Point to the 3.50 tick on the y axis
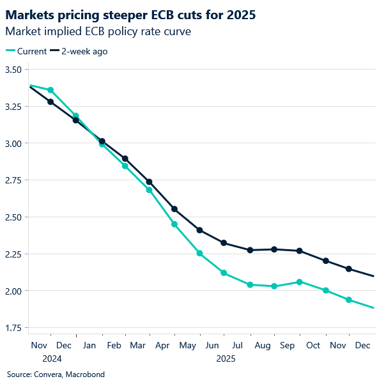13,70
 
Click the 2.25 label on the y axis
13,254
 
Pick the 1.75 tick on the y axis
13,328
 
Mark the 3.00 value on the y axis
13,144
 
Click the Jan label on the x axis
89,345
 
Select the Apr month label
163,345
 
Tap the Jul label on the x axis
238,345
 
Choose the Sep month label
288,345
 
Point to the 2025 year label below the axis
225,359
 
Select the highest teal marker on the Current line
51,90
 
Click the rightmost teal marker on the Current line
349,300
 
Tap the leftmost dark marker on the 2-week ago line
50,102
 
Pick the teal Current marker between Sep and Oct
299,282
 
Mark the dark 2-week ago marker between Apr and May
174,209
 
